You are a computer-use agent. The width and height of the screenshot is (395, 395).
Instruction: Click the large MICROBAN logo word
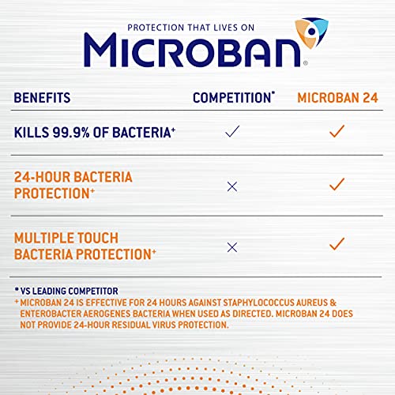pos(194,49)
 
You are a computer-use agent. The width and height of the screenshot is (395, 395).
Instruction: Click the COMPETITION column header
pos(234,99)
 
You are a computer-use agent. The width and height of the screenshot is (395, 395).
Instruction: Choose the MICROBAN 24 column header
pos(338,99)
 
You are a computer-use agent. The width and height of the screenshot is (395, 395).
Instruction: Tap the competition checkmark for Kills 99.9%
pos(232,132)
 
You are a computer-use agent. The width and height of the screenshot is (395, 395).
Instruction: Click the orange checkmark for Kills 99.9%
pos(337,131)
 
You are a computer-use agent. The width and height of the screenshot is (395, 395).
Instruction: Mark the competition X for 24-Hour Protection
pos(232,186)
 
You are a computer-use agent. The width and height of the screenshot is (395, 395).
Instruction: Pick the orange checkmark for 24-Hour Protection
pos(337,184)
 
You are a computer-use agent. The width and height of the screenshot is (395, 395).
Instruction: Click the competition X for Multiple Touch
pos(232,247)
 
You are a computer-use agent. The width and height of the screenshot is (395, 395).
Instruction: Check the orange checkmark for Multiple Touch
pos(337,243)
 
